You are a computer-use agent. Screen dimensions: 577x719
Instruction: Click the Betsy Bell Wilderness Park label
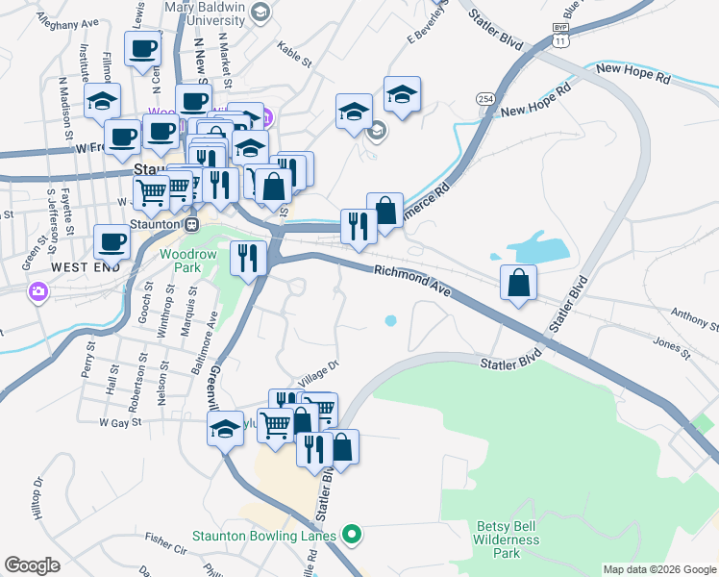507,539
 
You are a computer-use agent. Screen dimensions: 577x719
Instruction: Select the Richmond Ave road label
412,280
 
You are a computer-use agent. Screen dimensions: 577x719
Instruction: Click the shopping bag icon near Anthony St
518,283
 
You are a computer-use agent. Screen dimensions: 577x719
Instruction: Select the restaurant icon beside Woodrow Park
249,258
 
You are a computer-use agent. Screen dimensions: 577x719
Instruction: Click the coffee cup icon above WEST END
112,242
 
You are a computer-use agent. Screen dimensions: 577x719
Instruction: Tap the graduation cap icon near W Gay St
225,428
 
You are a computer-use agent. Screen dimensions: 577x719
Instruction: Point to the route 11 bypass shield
560,36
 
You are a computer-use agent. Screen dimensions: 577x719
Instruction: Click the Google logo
33,565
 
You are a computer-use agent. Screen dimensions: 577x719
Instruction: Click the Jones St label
672,347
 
